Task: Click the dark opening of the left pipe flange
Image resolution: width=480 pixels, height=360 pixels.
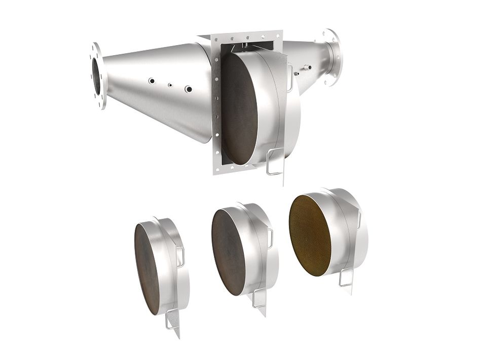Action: click(96, 76)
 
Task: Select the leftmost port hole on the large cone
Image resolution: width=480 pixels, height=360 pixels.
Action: click(151, 81)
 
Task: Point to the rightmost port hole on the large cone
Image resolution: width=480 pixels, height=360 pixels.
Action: click(189, 89)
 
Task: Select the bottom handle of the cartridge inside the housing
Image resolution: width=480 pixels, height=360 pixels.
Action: click(274, 162)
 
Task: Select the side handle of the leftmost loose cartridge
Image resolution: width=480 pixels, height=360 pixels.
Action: click(180, 257)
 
